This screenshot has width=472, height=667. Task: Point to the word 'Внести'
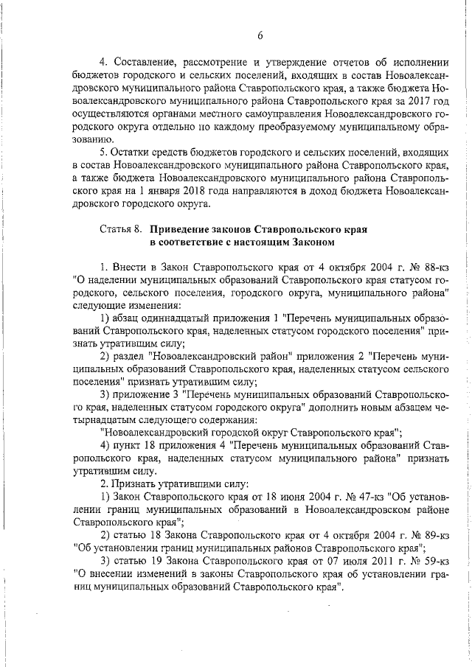(130, 265)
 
